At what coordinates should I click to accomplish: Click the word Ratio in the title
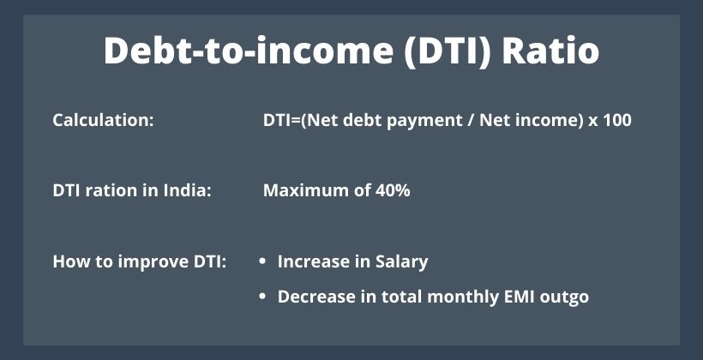[x=550, y=51]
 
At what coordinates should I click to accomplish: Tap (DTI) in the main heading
[x=448, y=51]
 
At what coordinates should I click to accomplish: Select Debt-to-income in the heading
[x=249, y=51]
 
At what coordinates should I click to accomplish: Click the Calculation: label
[x=103, y=120]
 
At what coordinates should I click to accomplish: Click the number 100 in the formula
[x=617, y=120]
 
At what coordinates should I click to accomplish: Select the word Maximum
[x=303, y=190]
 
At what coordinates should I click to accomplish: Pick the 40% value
[x=390, y=190]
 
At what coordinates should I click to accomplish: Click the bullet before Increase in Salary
[x=262, y=261]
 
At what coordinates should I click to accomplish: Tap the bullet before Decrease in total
[x=262, y=297]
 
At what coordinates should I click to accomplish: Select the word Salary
[x=402, y=261]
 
